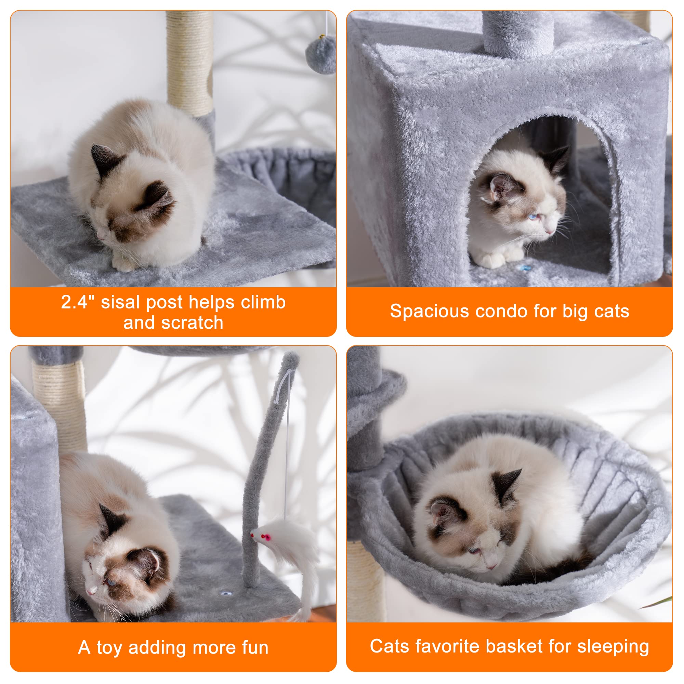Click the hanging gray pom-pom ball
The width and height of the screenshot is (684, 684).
320,55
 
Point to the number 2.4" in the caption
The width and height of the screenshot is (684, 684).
78,303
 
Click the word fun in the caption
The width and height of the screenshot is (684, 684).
255,647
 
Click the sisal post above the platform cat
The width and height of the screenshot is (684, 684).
190,60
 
